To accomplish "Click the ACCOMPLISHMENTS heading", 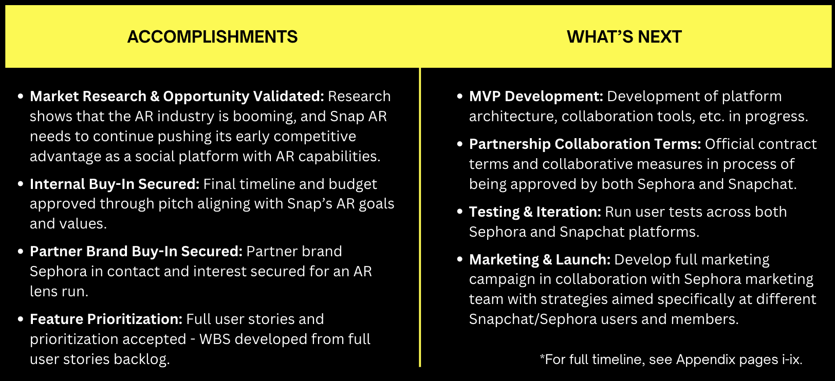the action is (x=213, y=37).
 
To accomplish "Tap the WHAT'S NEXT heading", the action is (x=624, y=37).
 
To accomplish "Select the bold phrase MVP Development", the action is (x=536, y=97).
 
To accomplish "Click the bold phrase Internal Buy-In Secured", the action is (x=115, y=184).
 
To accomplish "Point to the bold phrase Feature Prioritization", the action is (x=106, y=319).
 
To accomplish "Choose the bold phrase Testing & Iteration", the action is (x=535, y=212).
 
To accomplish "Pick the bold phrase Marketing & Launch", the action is (x=540, y=260).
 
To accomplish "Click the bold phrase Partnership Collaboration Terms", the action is (x=585, y=144).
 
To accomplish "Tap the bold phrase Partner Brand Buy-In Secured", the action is (x=136, y=252).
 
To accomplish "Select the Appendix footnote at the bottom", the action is (x=671, y=359).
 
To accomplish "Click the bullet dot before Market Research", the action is (x=21, y=97).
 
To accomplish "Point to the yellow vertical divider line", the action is (x=420, y=218).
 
